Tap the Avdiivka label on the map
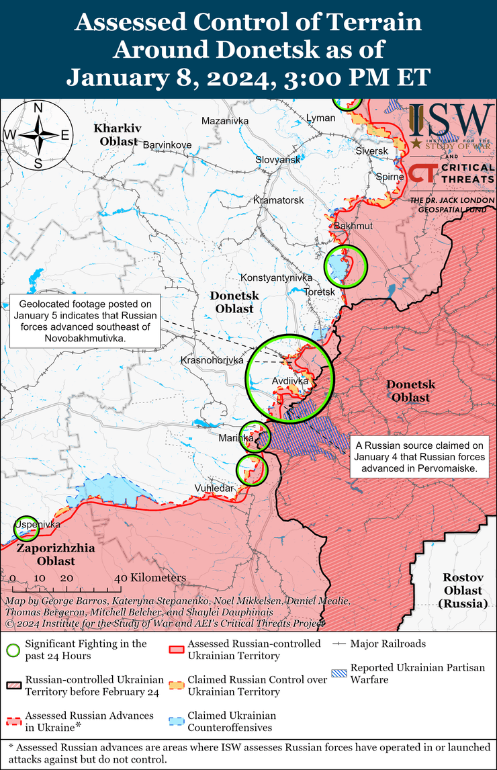click(290, 381)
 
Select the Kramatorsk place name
click(279, 200)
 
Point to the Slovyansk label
click(278, 160)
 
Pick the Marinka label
click(236, 438)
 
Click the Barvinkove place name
click(167, 144)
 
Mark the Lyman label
click(320, 118)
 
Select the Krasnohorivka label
click(212, 361)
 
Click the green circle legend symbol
click(12, 650)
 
